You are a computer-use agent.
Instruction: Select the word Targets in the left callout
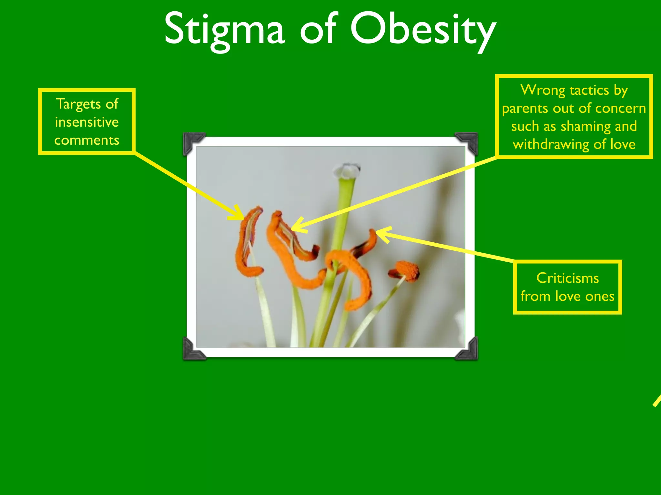(79, 104)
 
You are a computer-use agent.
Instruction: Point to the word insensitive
(87, 122)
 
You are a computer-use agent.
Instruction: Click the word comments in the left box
(87, 140)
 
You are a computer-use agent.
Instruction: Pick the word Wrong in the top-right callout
(542, 90)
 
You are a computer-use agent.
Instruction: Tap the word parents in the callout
(525, 109)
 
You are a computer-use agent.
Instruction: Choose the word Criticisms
(567, 278)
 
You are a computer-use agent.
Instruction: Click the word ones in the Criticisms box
(600, 296)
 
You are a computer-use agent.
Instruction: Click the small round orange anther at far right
(407, 270)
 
